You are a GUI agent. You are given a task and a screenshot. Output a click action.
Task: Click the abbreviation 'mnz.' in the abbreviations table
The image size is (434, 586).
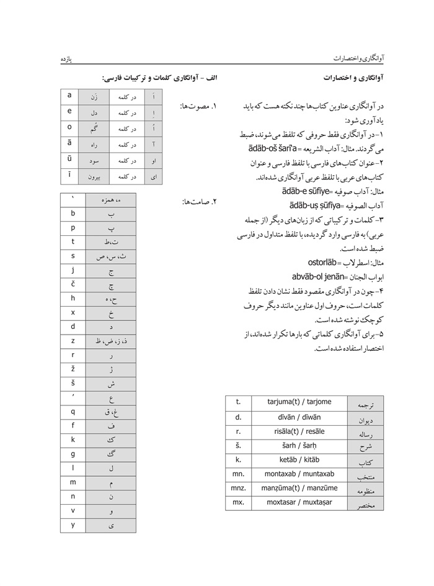tap(239, 489)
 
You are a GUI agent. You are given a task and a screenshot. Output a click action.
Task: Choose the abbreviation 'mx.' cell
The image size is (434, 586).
tap(239, 503)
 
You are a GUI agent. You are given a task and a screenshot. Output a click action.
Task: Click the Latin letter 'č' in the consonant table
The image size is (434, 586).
tap(73, 284)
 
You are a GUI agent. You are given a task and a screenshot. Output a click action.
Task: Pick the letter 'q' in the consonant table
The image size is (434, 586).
tap(73, 411)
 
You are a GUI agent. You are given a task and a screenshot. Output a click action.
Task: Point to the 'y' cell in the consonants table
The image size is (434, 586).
tap(73, 525)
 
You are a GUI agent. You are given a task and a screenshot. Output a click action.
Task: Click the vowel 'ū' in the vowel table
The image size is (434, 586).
tap(69, 160)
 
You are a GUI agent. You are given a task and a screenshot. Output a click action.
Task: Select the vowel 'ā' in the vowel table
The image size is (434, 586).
tap(69, 143)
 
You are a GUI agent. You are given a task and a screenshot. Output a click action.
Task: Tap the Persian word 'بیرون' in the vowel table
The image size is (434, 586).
tap(94, 177)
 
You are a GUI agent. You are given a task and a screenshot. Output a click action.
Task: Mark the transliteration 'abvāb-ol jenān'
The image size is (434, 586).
tap(317, 276)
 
